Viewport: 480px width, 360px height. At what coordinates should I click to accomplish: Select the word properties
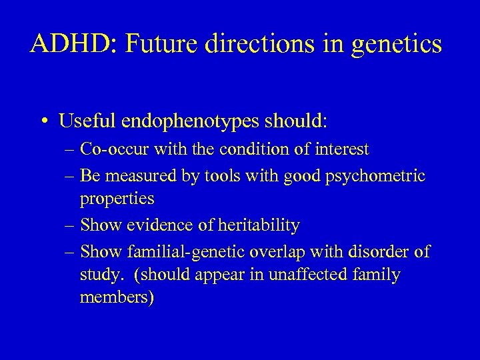click(117, 199)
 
